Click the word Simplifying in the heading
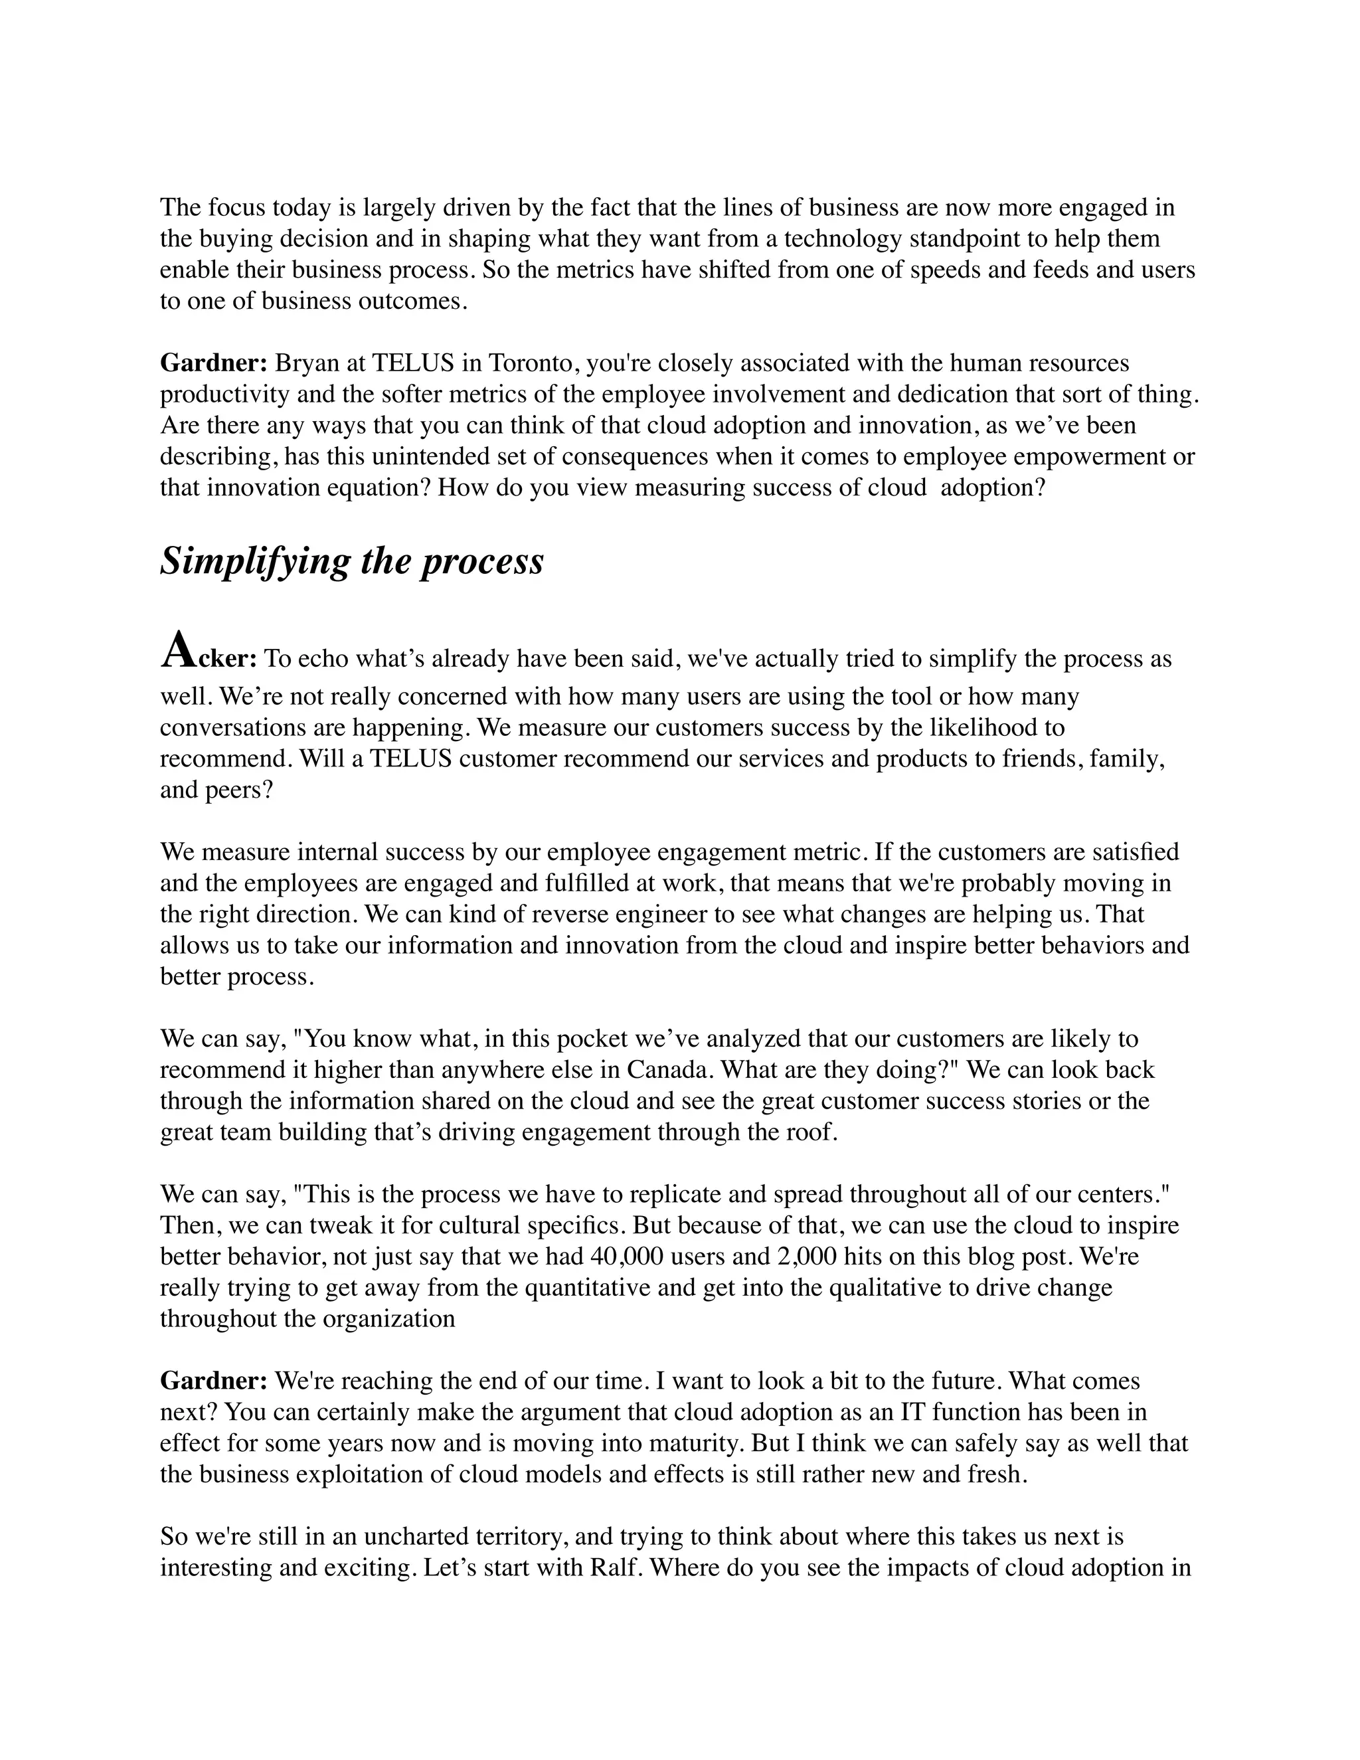[254, 562]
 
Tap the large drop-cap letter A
[178, 651]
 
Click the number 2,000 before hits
[807, 1257]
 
